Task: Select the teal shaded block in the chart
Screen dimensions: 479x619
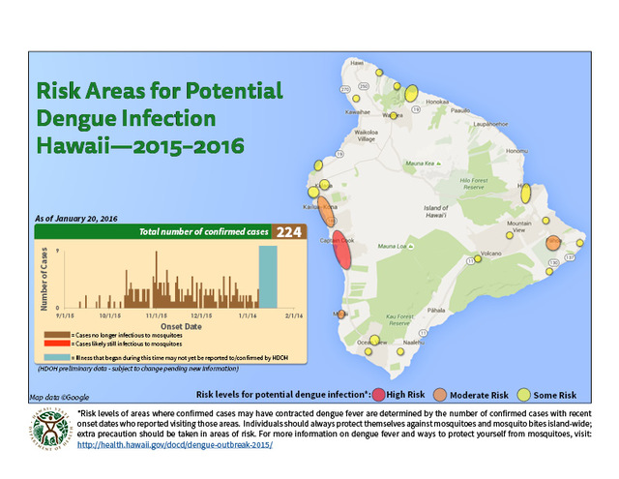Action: [x=267, y=276]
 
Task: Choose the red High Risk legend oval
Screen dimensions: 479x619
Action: [x=378, y=395]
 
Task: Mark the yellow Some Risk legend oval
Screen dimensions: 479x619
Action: [x=526, y=395]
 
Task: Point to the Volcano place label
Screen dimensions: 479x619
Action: [x=494, y=254]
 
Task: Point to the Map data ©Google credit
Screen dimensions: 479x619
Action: [x=59, y=397]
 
